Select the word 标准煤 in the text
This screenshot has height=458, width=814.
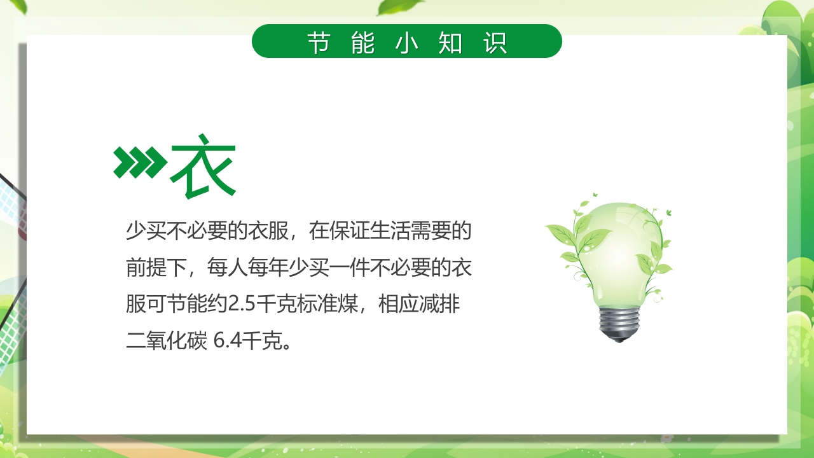click(x=318, y=305)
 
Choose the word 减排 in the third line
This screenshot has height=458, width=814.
click(x=439, y=305)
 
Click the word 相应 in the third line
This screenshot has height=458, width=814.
click(x=399, y=305)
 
